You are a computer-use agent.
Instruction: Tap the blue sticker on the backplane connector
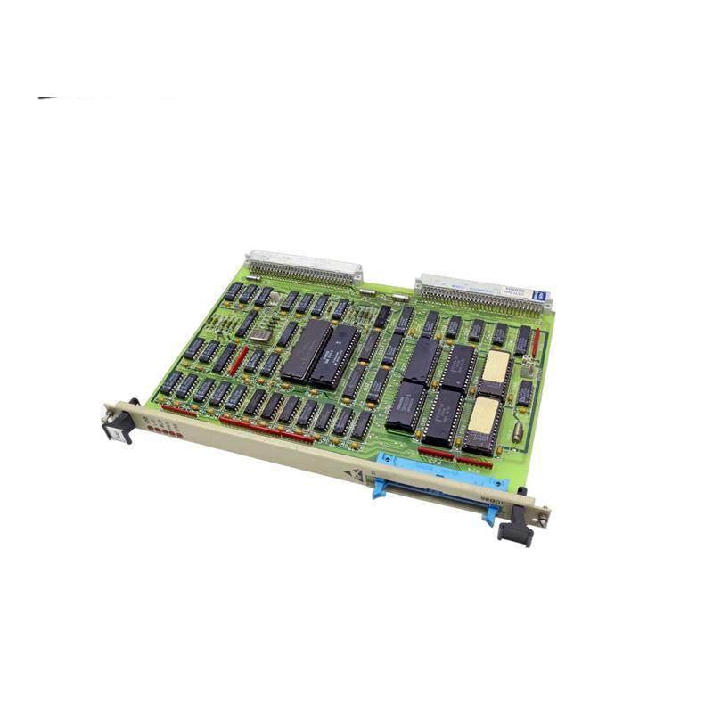point(538,294)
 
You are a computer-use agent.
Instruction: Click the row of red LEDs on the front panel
point(166,430)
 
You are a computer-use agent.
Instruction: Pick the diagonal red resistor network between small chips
point(239,360)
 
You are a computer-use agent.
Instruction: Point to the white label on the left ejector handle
point(114,431)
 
